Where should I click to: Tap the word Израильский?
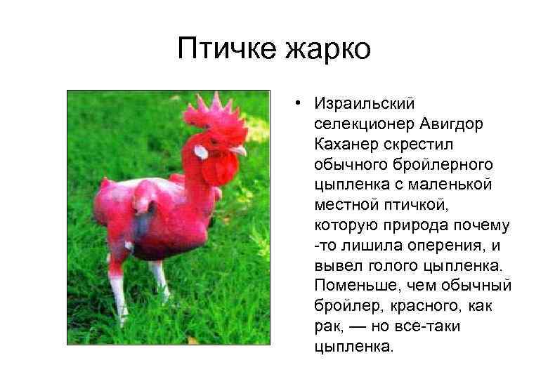(x=365, y=104)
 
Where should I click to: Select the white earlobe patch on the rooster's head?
(x=201, y=152)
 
